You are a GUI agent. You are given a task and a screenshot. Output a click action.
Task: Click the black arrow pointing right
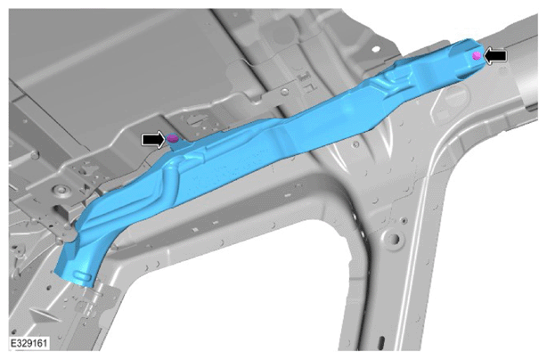click(x=153, y=140)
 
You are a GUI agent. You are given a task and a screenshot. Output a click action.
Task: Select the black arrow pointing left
click(x=495, y=56)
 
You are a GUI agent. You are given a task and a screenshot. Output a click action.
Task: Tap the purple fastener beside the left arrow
click(x=173, y=138)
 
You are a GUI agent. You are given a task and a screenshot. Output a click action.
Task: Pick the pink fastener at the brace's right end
click(x=477, y=55)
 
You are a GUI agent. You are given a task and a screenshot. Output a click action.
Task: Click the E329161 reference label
click(x=29, y=343)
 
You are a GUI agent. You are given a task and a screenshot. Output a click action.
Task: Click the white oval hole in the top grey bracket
click(x=375, y=49)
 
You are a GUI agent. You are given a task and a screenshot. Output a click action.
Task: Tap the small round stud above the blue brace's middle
click(x=285, y=92)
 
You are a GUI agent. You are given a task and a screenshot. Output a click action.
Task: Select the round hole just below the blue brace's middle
click(x=356, y=143)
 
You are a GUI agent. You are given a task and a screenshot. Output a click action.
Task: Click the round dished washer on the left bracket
click(x=61, y=191)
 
